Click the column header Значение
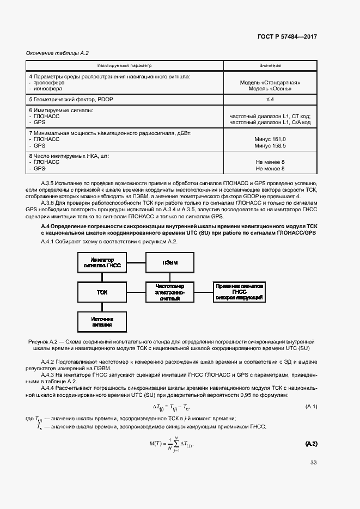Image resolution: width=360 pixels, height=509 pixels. tap(270, 65)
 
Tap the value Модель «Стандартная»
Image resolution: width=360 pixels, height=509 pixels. tap(270, 83)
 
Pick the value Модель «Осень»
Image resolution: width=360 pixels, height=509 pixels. tap(270, 89)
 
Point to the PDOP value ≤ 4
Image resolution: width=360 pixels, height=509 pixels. tap(270, 100)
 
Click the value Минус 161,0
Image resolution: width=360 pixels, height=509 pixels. tap(270, 139)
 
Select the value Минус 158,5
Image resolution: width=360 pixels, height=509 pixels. tap(270, 146)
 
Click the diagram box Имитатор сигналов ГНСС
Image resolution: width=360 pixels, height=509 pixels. tap(102, 263)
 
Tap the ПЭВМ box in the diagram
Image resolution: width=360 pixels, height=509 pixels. tap(170, 263)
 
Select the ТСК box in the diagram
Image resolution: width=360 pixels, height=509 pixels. tap(102, 292)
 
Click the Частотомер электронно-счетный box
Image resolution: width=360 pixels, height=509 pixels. tap(170, 292)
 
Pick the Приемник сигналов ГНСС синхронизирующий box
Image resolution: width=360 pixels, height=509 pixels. tap(240, 292)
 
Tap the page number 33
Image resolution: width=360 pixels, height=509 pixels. tap(313, 477)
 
